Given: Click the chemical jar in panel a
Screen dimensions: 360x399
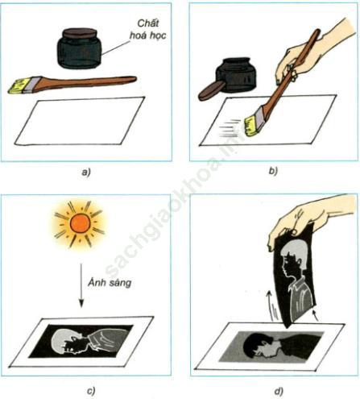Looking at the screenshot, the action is tap(80, 48).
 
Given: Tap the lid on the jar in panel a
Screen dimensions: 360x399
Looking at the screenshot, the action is tap(80, 33).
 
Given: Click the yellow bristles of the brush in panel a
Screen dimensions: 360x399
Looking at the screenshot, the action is tap(17, 85).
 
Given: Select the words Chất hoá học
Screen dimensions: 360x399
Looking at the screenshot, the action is tap(148, 29).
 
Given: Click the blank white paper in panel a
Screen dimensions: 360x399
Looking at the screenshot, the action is tap(80, 122).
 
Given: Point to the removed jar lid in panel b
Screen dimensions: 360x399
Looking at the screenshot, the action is tap(212, 90).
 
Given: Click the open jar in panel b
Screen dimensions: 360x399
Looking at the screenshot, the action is tap(236, 74).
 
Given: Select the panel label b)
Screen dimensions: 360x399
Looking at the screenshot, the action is tap(273, 171).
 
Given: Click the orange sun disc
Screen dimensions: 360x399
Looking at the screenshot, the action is tap(80, 223).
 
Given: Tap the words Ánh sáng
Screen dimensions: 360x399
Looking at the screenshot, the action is tap(110, 282).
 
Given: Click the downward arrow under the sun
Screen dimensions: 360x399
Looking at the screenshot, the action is tap(81, 285).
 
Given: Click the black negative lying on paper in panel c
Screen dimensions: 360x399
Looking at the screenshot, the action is tap(81, 341).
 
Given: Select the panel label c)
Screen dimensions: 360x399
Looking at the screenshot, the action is tap(91, 390).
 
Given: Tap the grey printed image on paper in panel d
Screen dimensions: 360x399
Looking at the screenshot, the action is tap(271, 347).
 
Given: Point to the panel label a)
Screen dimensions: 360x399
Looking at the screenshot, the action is tap(86, 171).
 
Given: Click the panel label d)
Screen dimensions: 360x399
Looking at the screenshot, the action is tap(279, 391).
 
